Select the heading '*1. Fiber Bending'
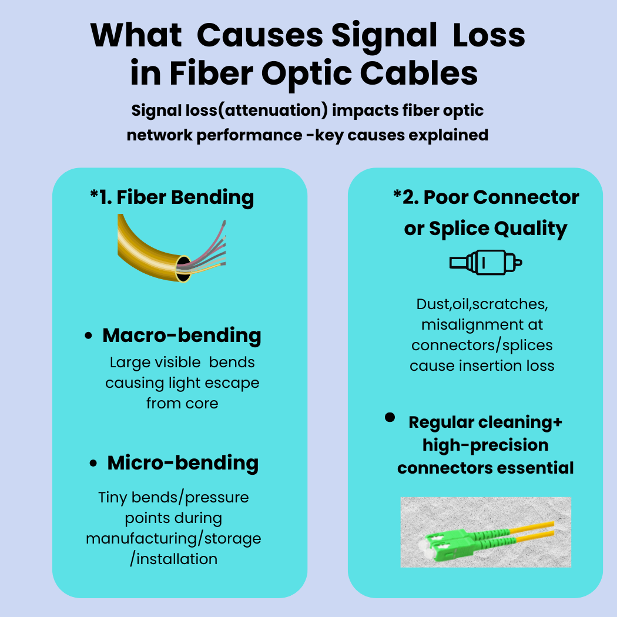[x=172, y=197]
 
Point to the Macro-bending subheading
[x=182, y=336]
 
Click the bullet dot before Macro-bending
[x=89, y=337]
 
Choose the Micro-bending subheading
[x=183, y=462]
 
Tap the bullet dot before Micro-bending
[x=93, y=464]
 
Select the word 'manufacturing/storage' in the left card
[x=174, y=538]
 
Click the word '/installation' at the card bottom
[x=174, y=558]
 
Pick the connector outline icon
[x=485, y=262]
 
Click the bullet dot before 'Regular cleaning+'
[x=390, y=417]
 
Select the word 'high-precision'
[x=485, y=445]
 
